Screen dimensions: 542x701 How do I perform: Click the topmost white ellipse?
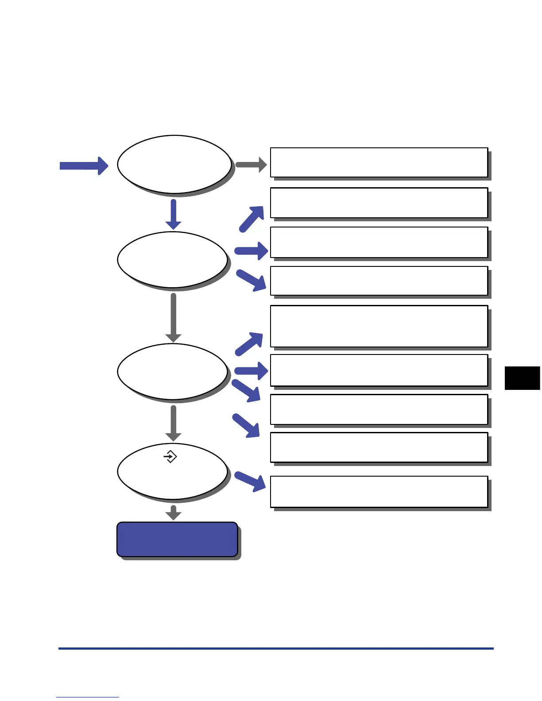pos(174,164)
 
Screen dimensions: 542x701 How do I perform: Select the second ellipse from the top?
pos(172,259)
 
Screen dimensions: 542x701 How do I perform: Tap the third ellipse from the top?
pos(172,371)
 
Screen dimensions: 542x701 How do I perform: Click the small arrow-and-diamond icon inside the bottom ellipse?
pos(170,456)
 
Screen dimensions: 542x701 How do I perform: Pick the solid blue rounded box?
pos(177,539)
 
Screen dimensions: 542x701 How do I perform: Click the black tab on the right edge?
pos(523,378)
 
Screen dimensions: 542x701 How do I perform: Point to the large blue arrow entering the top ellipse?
pos(84,166)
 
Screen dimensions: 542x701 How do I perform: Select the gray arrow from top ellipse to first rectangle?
pos(251,165)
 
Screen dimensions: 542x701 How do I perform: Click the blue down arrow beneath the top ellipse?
pos(173,214)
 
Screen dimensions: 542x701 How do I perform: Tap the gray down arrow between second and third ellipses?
pos(173,318)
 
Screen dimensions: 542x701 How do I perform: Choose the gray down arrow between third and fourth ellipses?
pos(173,423)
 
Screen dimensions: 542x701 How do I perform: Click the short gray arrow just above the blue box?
pos(173,513)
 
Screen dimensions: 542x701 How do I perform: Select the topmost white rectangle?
pos(379,162)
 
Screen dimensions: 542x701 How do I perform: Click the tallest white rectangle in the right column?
pos(379,326)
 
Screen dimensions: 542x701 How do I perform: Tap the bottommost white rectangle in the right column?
pos(379,492)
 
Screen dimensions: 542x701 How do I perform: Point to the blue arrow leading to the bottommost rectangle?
pos(251,481)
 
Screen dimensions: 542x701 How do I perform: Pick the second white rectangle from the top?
pos(379,203)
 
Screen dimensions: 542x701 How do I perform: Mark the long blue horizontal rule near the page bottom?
pos(276,648)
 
